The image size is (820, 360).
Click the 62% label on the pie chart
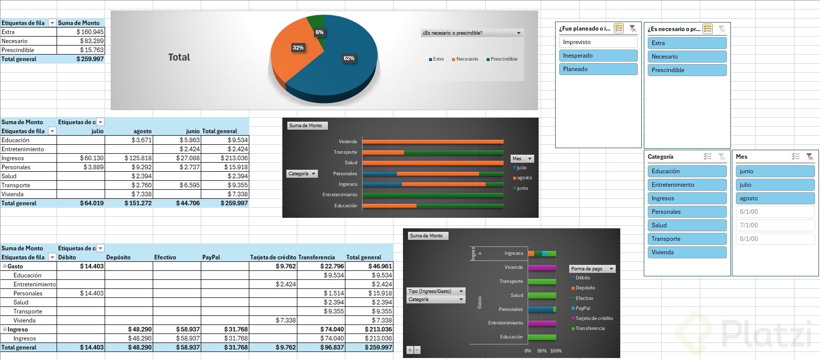(x=349, y=58)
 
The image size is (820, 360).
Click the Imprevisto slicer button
(x=598, y=42)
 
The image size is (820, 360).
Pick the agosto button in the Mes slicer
(x=775, y=198)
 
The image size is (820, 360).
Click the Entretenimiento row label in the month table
(x=23, y=149)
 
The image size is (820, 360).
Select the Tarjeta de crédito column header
(x=273, y=257)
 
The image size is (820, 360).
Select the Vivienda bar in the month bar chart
(x=433, y=142)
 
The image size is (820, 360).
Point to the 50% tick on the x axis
(x=542, y=351)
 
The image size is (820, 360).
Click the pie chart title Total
(x=179, y=58)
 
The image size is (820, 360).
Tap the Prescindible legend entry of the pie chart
(x=504, y=59)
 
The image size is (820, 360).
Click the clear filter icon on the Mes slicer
(x=809, y=157)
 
